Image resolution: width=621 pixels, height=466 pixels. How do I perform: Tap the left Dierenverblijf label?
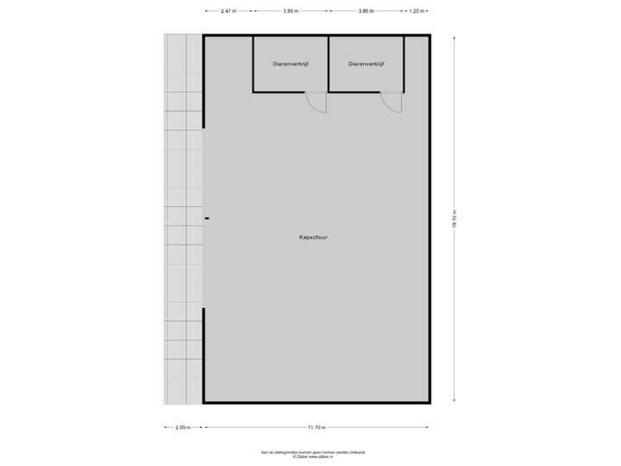tap(290, 64)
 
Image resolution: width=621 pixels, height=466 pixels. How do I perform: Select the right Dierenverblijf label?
tap(367, 64)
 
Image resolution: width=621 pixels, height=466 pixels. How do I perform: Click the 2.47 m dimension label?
tap(228, 11)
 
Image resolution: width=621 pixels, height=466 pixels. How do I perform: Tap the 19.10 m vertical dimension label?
tap(455, 219)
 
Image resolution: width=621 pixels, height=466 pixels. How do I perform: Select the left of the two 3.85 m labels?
tap(291, 11)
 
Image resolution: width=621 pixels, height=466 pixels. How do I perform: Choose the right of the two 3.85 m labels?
tap(367, 11)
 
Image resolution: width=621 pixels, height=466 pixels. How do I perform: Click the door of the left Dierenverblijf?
tap(317, 102)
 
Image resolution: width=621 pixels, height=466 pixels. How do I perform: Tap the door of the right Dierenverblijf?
tap(393, 102)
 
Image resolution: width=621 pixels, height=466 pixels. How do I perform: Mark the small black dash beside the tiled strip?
tap(207, 218)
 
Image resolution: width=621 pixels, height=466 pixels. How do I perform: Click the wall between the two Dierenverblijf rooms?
tap(329, 64)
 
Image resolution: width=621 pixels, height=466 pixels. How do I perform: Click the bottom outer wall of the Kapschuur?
tap(317, 402)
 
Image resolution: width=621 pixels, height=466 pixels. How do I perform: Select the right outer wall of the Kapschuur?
tap(430, 219)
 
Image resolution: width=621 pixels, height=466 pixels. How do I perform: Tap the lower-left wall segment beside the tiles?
tap(204, 354)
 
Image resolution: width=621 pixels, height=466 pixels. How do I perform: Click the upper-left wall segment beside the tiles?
tap(204, 82)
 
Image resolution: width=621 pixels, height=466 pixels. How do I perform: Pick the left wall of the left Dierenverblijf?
tap(253, 64)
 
